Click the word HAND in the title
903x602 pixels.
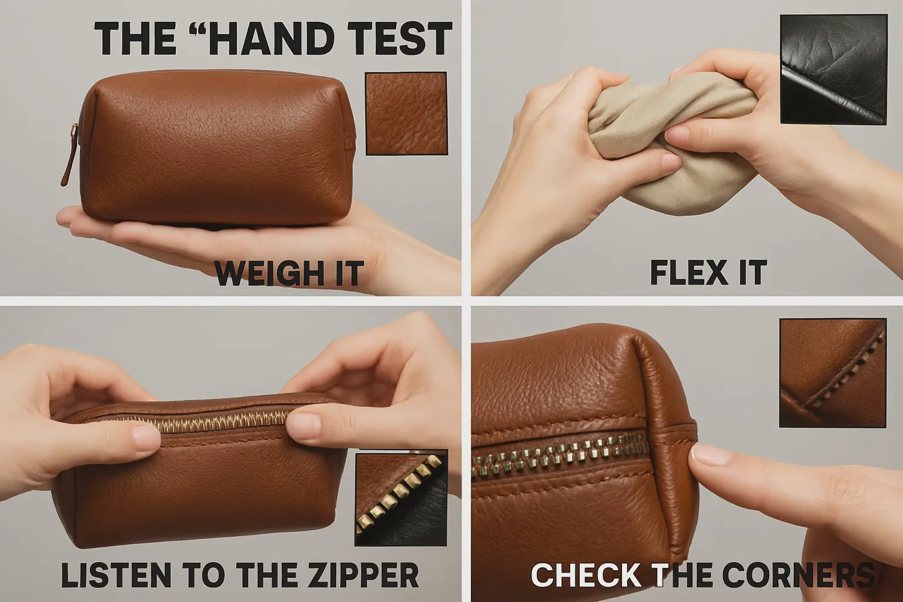click(270, 39)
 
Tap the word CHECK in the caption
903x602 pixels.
click(586, 575)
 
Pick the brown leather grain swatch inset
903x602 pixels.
click(406, 113)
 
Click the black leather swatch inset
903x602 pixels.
click(834, 69)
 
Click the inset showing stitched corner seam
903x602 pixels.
click(833, 373)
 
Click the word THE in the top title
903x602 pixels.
click(135, 39)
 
